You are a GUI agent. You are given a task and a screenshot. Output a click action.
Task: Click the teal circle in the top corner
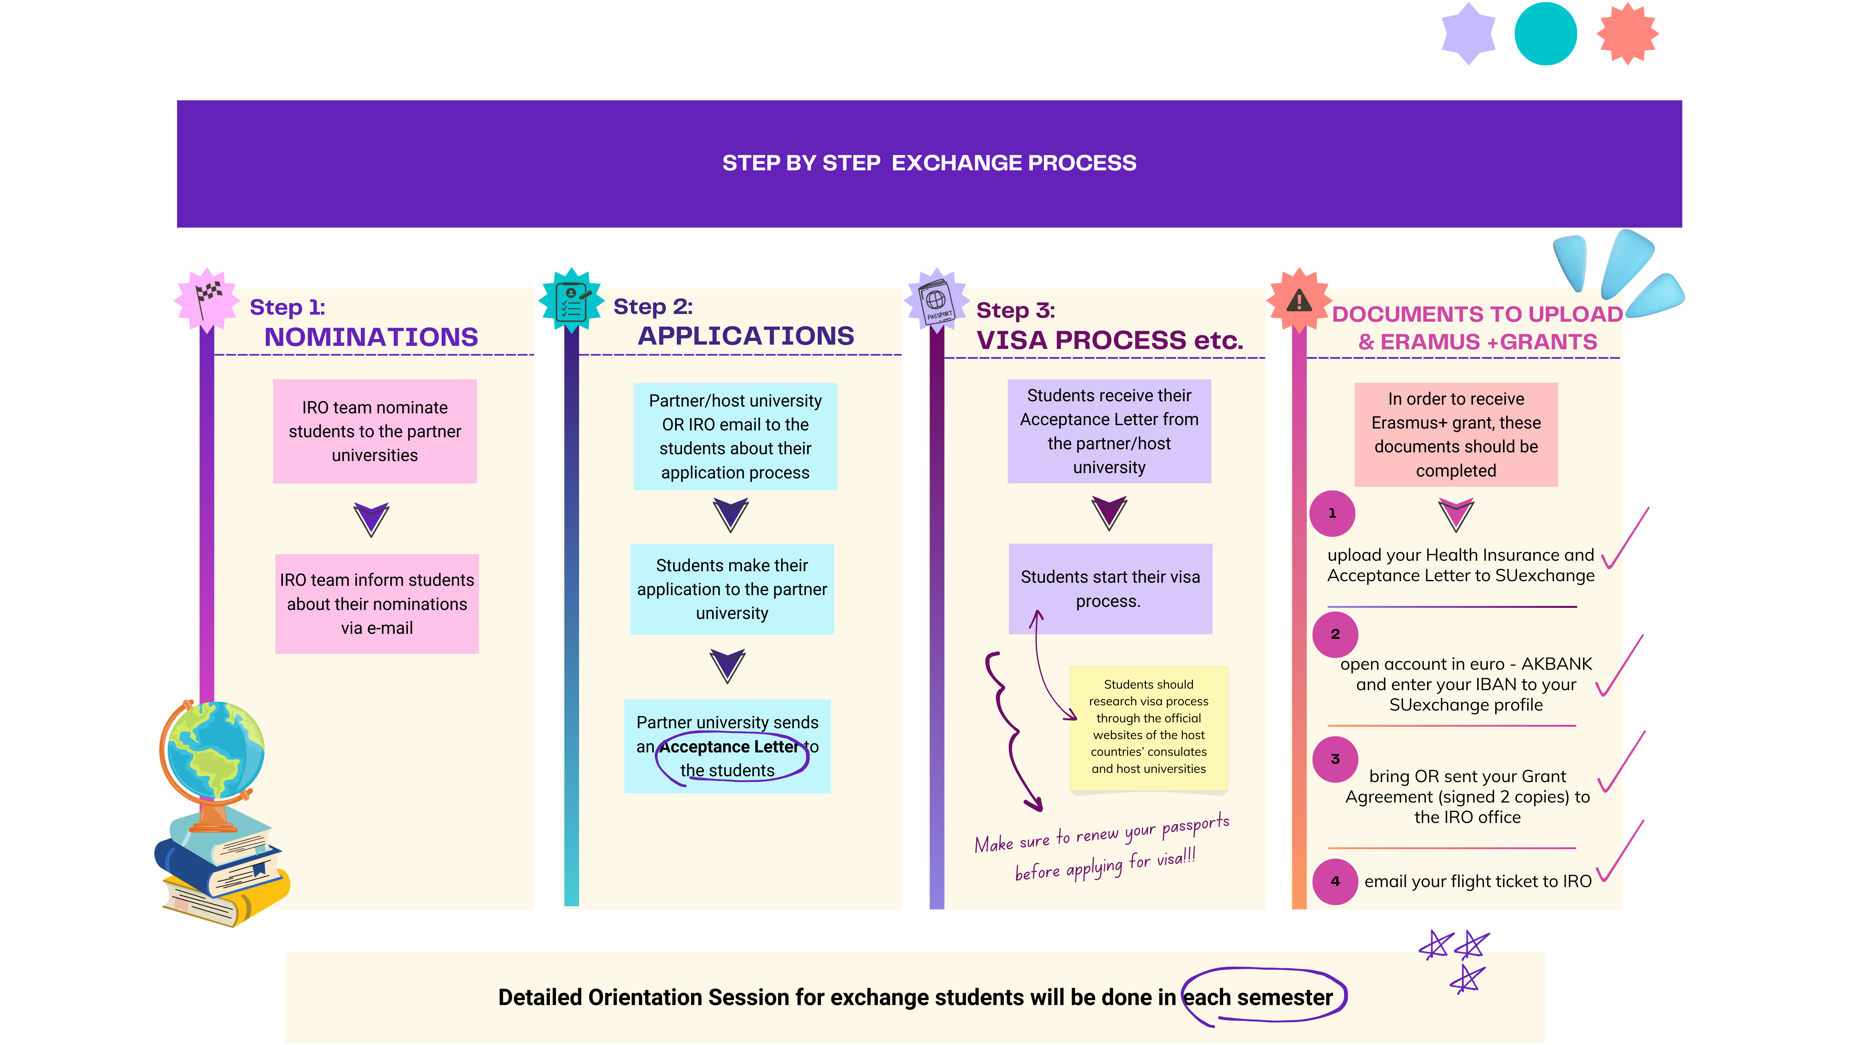(x=1546, y=34)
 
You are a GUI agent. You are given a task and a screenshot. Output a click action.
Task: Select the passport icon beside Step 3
(x=937, y=302)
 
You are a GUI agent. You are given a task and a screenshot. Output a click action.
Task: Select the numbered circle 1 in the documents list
(x=1332, y=513)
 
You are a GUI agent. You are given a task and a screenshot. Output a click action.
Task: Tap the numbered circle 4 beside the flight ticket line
(x=1335, y=881)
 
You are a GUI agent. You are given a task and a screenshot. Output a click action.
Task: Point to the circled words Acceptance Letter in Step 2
(x=729, y=747)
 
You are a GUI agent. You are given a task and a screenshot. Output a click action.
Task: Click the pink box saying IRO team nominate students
(x=375, y=431)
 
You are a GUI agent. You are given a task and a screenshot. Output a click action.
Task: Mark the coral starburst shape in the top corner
(x=1627, y=34)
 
